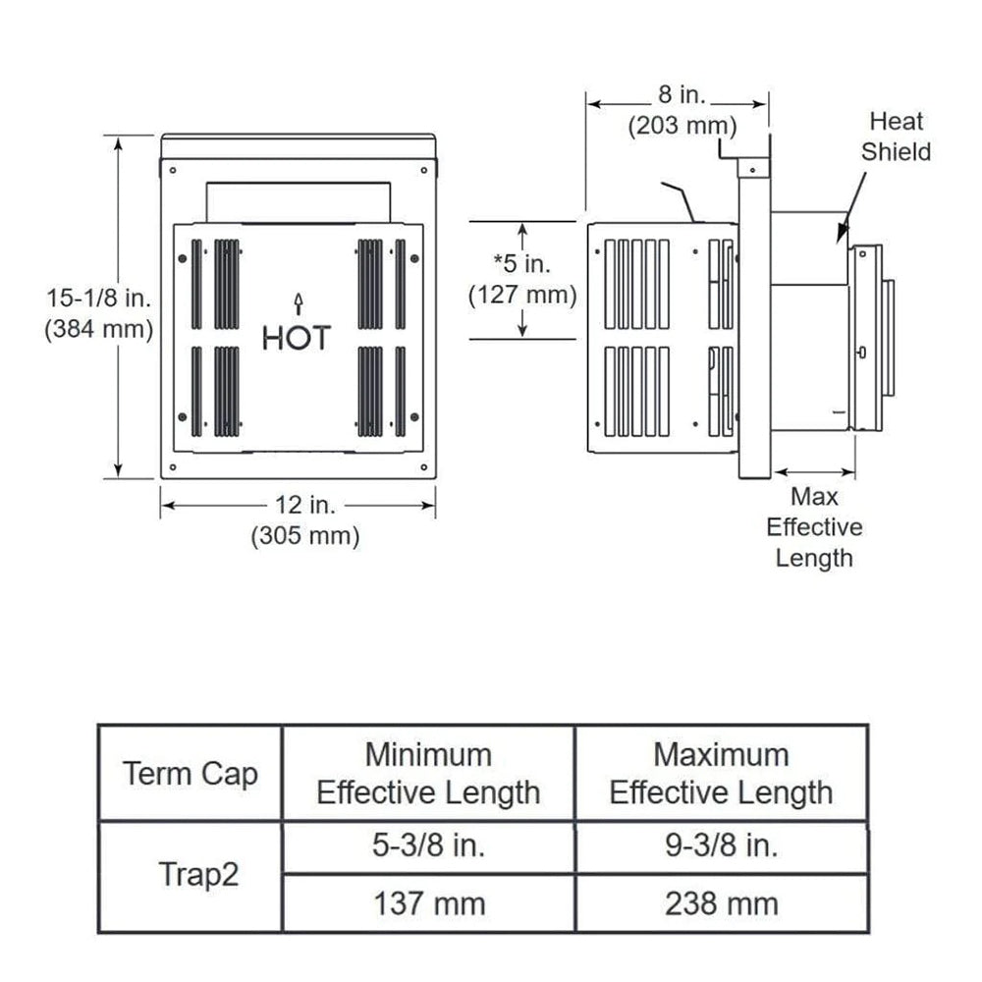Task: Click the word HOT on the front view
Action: pyautogui.click(x=297, y=339)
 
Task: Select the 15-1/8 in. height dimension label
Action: pyautogui.click(x=98, y=296)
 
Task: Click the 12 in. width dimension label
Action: pyautogui.click(x=303, y=505)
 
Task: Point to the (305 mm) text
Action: pyautogui.click(x=305, y=536)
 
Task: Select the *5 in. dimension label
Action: pyautogui.click(x=522, y=262)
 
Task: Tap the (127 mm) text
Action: pyautogui.click(x=522, y=295)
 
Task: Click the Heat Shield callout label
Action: pyautogui.click(x=895, y=136)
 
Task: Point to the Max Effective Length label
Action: pyautogui.click(x=814, y=527)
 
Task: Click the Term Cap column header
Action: pyautogui.click(x=190, y=774)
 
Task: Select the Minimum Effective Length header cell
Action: pyautogui.click(x=428, y=774)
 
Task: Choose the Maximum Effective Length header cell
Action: pyautogui.click(x=721, y=774)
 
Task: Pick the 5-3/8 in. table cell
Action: pyautogui.click(x=428, y=846)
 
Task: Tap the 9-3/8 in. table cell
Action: pyautogui.click(x=721, y=846)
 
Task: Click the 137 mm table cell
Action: pyautogui.click(x=428, y=903)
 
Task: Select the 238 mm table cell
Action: pyautogui.click(x=721, y=903)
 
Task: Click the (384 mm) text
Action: pyautogui.click(x=98, y=330)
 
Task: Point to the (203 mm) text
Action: pyautogui.click(x=682, y=127)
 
